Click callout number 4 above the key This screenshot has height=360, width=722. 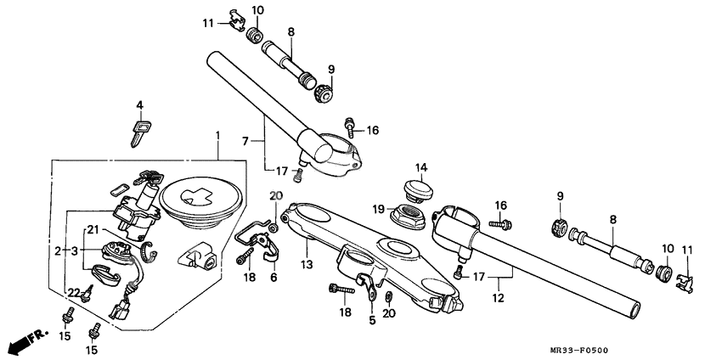coord(139,106)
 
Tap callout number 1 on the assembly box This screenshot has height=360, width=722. coord(217,136)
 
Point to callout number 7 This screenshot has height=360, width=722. coord(245,140)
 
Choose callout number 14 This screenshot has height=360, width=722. coord(422,166)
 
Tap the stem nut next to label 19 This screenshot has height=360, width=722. coord(409,214)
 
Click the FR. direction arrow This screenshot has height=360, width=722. coord(25,340)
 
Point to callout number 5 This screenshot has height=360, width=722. coord(372,321)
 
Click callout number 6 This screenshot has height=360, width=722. coord(274,278)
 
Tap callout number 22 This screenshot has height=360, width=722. coord(74,293)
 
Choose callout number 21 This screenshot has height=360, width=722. coord(93,228)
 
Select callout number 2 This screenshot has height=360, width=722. coord(58,251)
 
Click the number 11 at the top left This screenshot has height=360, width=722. coord(207,23)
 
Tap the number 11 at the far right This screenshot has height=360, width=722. coord(687,250)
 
